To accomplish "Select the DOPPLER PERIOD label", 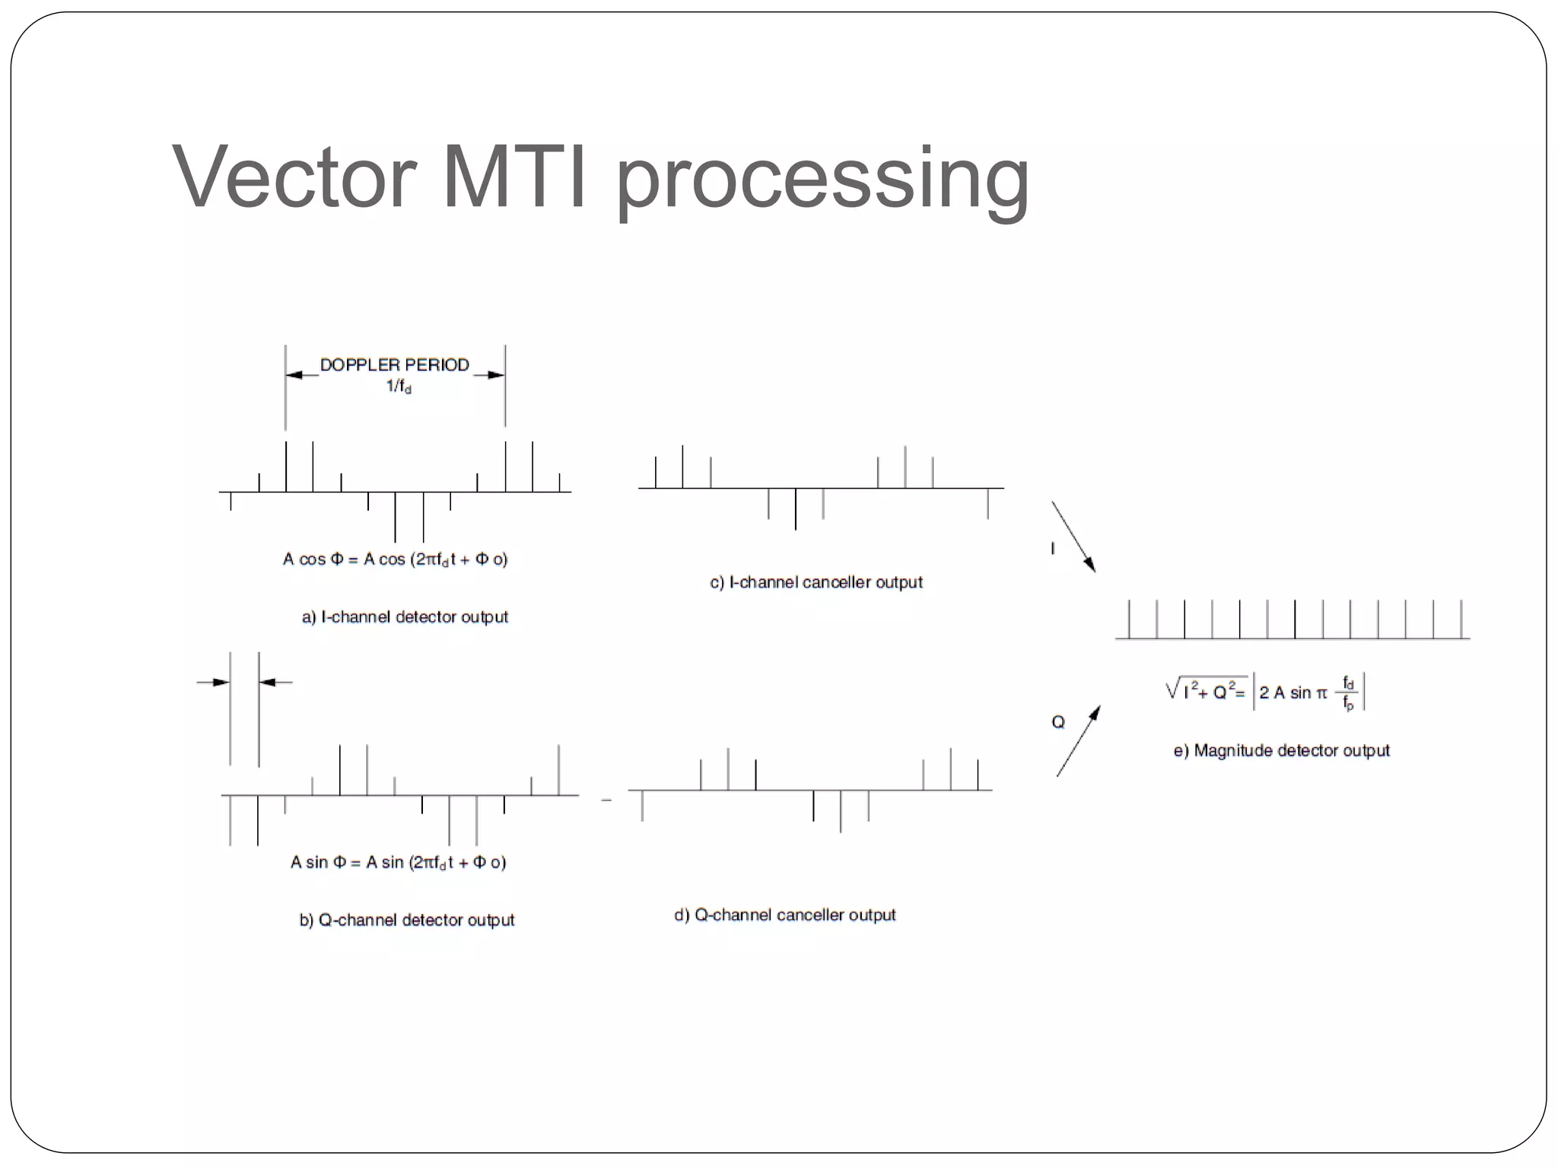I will (394, 365).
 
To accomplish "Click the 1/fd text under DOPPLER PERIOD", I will (399, 387).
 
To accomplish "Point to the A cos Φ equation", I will (395, 559).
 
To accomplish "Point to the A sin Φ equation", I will (398, 862).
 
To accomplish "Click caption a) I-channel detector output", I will (405, 617).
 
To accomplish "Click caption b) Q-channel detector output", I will (407, 920).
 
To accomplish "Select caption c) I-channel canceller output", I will (816, 582).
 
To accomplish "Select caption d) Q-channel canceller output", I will (784, 915).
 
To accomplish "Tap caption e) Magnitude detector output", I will (1281, 750).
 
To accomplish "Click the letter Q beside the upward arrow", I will (1058, 721).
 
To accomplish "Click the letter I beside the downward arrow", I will (1053, 548).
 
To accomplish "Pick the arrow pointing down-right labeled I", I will (1073, 536).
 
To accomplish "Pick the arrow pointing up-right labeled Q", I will (1079, 741).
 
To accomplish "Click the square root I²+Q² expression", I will (1206, 691).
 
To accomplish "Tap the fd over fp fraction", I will (1348, 693).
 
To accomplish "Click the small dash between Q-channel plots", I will (606, 800).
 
